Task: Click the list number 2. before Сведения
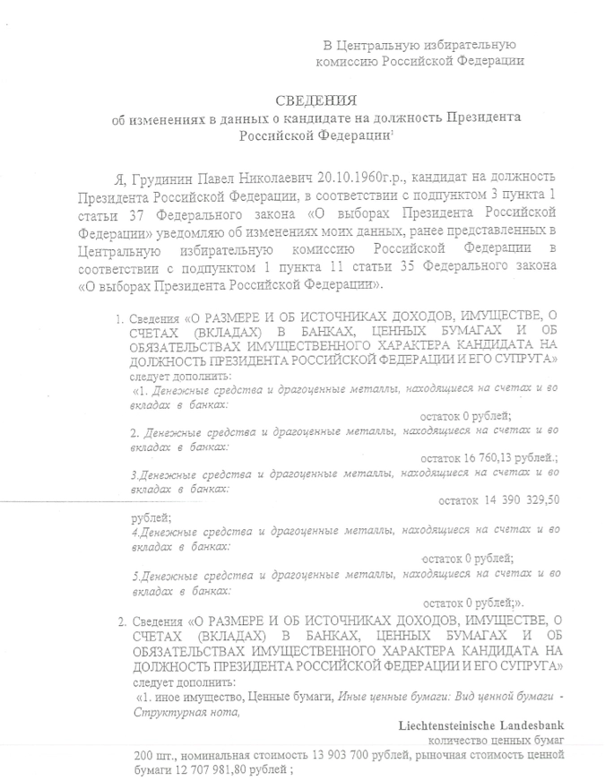(x=122, y=620)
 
